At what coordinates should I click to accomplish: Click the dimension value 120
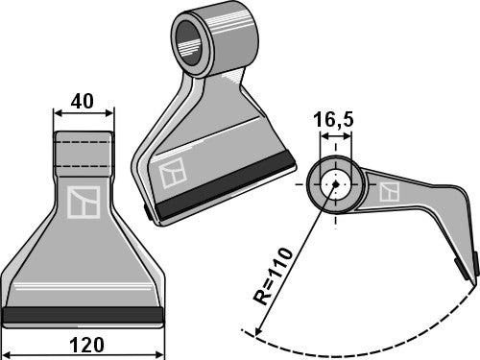(x=83, y=344)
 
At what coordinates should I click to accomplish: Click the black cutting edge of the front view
(x=83, y=314)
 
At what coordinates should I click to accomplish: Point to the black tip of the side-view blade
(x=472, y=266)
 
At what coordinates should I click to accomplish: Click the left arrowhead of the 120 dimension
(x=7, y=331)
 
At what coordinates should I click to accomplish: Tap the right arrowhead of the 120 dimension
(x=159, y=331)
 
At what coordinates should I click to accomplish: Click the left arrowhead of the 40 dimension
(x=56, y=113)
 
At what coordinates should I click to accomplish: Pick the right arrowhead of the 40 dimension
(x=110, y=113)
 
